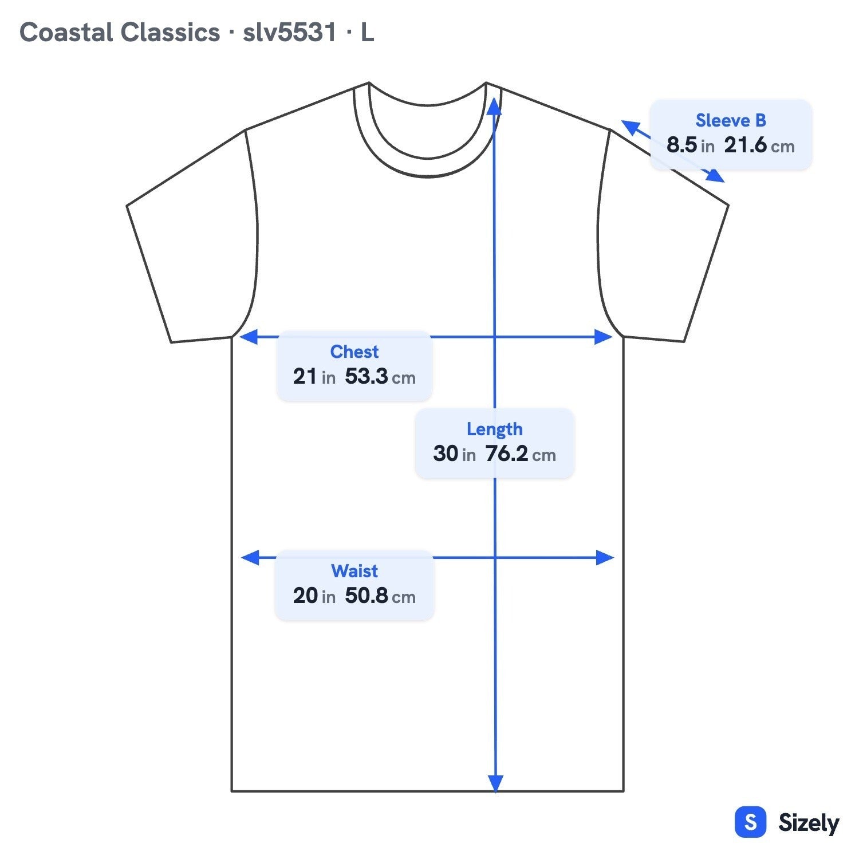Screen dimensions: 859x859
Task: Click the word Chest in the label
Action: [x=354, y=352]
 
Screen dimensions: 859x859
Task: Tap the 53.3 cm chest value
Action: [x=380, y=376]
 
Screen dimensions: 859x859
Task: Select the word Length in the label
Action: [x=494, y=429]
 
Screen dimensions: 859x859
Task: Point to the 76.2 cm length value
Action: [x=521, y=454]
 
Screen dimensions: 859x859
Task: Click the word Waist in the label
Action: [x=354, y=571]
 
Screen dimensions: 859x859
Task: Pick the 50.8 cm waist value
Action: [x=380, y=596]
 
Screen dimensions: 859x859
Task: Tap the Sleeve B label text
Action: [x=731, y=120]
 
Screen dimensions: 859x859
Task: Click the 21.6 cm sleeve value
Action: [x=759, y=145]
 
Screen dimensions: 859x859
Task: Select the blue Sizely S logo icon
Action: [x=750, y=822]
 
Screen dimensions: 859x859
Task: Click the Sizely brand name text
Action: [x=809, y=823]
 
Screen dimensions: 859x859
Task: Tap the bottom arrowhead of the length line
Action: [x=495, y=783]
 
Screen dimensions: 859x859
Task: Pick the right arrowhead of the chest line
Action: [x=604, y=337]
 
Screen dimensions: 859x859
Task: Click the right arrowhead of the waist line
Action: [x=605, y=557]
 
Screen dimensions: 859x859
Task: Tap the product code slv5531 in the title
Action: [x=290, y=33]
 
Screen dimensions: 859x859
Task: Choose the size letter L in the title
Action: [x=367, y=33]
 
